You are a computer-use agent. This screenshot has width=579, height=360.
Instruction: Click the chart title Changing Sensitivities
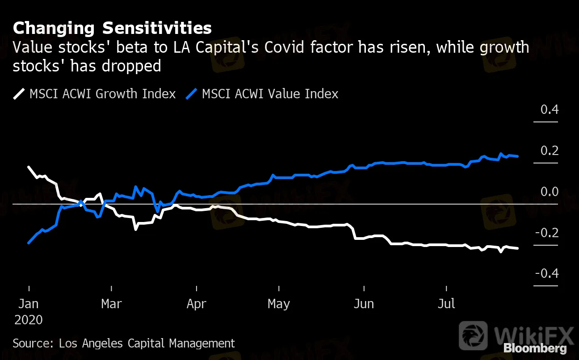click(112, 28)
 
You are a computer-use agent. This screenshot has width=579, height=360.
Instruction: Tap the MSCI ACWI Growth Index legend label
click(102, 94)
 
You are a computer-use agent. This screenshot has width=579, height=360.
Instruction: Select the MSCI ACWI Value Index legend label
click(270, 94)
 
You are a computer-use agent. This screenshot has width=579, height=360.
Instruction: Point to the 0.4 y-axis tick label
click(550, 109)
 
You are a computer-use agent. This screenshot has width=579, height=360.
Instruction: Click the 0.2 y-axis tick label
click(550, 151)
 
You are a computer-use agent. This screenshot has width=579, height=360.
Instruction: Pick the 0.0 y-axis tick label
click(550, 192)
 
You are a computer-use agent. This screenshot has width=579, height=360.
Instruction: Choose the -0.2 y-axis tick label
click(547, 233)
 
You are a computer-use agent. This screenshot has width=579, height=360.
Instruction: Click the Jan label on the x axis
click(28, 304)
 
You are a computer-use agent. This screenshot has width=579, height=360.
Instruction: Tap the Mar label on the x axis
click(111, 304)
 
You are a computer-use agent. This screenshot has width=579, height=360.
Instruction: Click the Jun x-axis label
click(364, 304)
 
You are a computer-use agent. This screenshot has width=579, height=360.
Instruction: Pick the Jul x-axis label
click(446, 304)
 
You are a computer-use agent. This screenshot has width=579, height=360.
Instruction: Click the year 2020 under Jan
click(29, 320)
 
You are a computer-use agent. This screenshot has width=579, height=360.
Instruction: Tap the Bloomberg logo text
click(535, 348)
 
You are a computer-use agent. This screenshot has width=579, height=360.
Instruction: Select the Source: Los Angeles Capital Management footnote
click(124, 343)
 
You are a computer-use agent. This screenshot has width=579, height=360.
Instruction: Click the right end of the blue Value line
click(517, 156)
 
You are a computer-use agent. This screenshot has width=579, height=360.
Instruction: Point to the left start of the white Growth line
click(29, 167)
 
